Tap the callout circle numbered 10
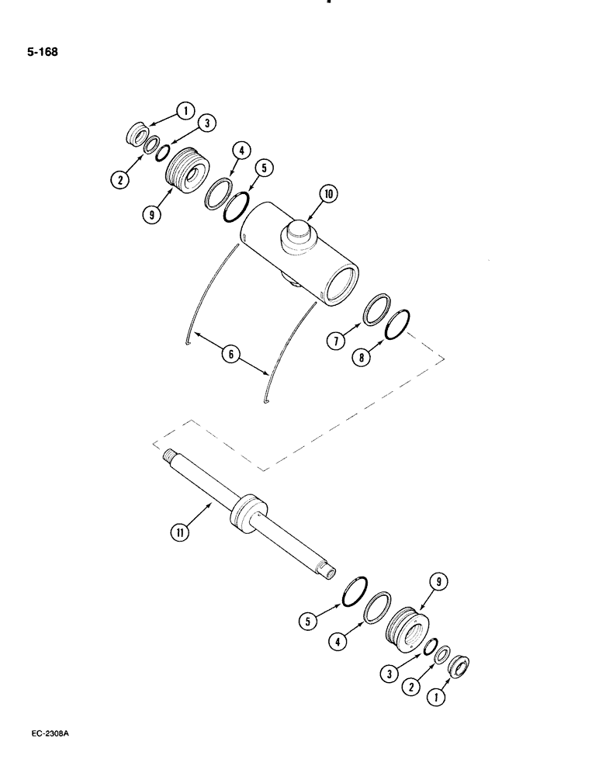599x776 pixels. tap(328, 195)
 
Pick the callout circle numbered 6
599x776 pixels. tap(230, 355)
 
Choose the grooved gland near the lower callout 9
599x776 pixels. tap(407, 625)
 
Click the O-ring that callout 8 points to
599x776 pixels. tap(396, 325)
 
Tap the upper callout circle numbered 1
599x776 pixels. tap(185, 111)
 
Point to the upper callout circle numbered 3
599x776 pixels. tap(206, 123)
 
